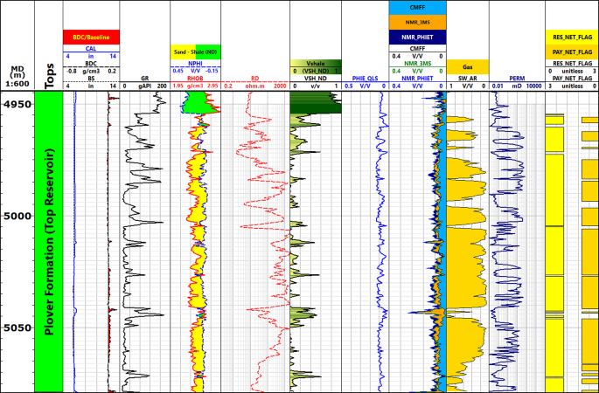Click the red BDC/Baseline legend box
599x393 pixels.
(x=91, y=37)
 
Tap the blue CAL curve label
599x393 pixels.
(x=91, y=50)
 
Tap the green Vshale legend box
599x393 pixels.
(x=315, y=64)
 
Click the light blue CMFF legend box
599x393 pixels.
(x=417, y=7)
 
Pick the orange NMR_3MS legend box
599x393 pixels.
(x=417, y=22)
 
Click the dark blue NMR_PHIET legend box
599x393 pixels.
(x=417, y=37)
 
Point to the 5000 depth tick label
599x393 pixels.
(x=17, y=216)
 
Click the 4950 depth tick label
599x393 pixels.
(x=17, y=104)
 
